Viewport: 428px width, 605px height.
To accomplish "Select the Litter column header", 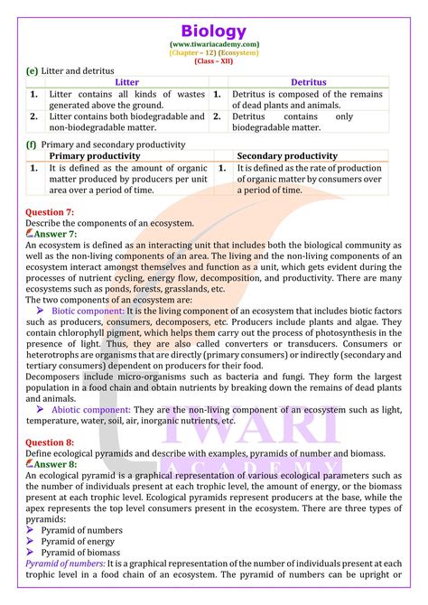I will click(x=127, y=82).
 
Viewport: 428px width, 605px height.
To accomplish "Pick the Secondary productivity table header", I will click(x=287, y=155).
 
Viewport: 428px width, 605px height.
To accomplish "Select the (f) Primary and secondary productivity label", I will click(x=107, y=144).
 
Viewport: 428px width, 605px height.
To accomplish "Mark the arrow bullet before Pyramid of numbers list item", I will click(x=31, y=527).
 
